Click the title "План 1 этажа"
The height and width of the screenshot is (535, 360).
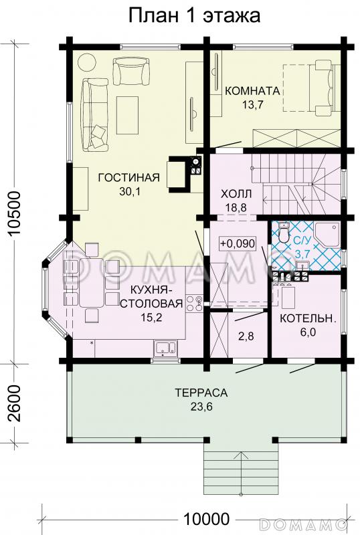(194, 15)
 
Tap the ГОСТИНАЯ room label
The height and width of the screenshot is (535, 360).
(128, 178)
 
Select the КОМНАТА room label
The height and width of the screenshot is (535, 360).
(252, 91)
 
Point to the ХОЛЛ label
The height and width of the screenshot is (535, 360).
(236, 194)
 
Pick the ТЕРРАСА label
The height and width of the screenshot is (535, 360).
(201, 393)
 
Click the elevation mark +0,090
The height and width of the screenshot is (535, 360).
(238, 244)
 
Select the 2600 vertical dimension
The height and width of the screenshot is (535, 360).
(15, 404)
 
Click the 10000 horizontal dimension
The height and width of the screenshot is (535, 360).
(206, 519)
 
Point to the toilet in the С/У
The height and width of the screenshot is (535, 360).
(283, 232)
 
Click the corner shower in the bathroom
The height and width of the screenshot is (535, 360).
(327, 235)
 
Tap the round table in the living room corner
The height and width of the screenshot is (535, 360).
(87, 62)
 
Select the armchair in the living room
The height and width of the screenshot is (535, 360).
(132, 71)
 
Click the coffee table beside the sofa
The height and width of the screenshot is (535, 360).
(127, 115)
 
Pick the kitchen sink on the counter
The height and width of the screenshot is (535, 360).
(165, 348)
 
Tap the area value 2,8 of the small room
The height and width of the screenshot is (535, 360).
(246, 336)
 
